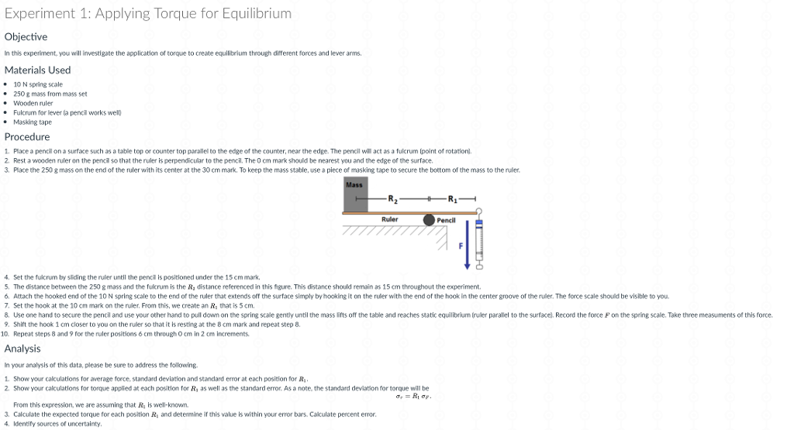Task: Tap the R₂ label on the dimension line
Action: point(393,199)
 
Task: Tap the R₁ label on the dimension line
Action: point(452,199)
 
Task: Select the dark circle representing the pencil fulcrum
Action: point(429,220)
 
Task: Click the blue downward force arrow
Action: point(468,245)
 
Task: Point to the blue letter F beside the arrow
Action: point(460,245)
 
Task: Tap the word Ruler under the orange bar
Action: point(389,219)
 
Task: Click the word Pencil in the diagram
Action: point(446,220)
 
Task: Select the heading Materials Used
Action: point(37,70)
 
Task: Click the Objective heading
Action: point(26,36)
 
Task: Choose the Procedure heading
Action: point(27,136)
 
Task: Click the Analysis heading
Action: point(22,348)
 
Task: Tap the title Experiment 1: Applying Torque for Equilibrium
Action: point(148,13)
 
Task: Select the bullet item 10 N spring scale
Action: point(38,84)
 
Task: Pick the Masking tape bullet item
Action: point(33,122)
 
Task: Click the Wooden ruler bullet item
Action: point(33,102)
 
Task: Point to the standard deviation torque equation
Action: point(413,396)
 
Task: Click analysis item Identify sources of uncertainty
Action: point(57,424)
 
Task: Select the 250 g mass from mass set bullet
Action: point(50,93)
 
